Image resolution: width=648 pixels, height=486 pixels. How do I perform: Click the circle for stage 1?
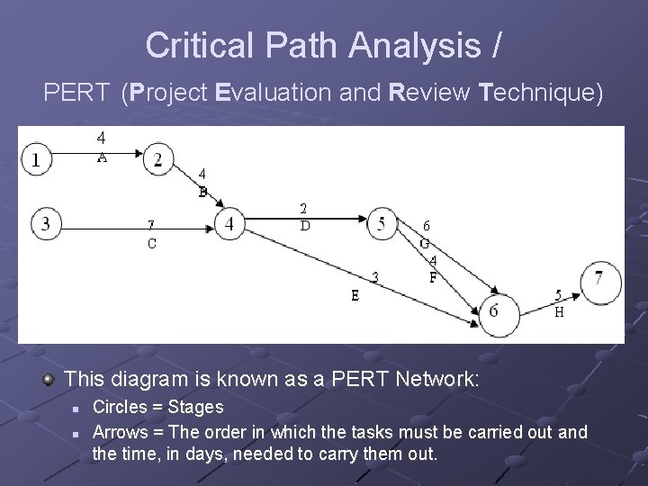pos(36,160)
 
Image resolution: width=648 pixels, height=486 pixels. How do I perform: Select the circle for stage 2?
pos(158,159)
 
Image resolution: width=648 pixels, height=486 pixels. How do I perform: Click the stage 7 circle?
pos(599,279)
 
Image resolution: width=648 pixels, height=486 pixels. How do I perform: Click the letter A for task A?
pos(103,156)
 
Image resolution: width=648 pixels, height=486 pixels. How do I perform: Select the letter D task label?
pos(305,226)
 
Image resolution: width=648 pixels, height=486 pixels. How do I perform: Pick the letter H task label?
pos(559,313)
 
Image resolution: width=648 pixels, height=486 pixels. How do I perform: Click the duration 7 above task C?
pos(151,224)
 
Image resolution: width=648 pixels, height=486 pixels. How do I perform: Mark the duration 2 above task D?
pos(304,208)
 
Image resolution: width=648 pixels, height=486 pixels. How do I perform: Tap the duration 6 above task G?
pos(427,226)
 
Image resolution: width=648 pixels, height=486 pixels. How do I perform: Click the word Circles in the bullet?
pos(123,408)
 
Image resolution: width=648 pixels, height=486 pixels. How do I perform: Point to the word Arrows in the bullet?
pos(123,432)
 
